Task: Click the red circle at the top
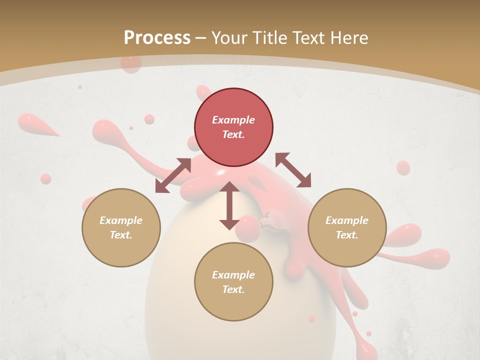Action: [233, 127]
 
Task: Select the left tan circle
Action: [121, 227]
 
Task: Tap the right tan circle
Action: [347, 227]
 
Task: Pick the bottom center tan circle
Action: [233, 282]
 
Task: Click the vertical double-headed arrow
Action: [229, 205]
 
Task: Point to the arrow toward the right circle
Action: [293, 170]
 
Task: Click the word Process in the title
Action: [157, 37]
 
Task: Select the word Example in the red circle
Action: [233, 120]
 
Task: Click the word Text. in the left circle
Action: [121, 235]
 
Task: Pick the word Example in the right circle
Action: [347, 220]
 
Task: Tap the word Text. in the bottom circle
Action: [233, 289]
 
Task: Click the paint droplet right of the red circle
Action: [403, 167]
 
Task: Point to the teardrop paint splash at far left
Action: [35, 124]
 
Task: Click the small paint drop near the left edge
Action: [45, 178]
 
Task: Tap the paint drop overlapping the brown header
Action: [131, 64]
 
